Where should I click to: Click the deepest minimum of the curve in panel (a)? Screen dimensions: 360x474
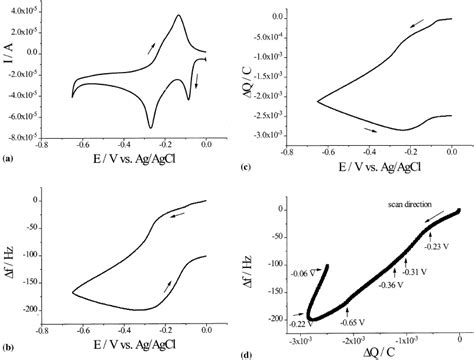[150, 127]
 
